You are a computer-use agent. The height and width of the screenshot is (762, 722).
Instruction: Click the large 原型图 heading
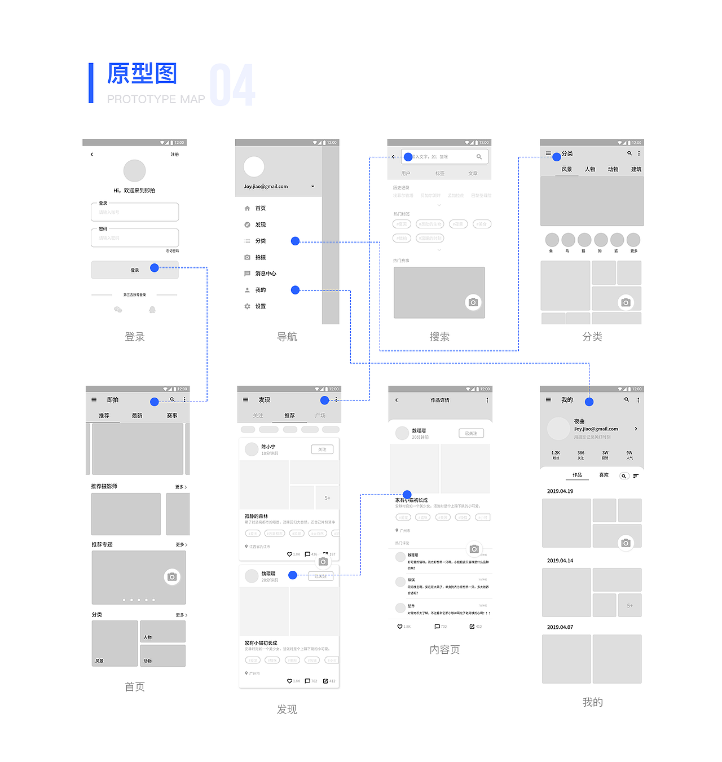(x=142, y=74)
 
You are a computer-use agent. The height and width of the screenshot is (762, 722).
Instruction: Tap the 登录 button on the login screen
(x=135, y=270)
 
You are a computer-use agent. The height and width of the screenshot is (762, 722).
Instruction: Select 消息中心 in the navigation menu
(x=265, y=274)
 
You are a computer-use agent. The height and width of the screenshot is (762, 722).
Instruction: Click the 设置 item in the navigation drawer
(x=260, y=306)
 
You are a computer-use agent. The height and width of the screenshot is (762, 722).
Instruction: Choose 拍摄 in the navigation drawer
(x=260, y=257)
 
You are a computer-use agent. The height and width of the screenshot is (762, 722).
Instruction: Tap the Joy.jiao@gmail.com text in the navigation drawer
(x=266, y=187)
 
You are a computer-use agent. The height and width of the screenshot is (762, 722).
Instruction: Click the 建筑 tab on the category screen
(x=636, y=169)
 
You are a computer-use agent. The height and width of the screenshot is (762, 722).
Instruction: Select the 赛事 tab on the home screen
(x=172, y=416)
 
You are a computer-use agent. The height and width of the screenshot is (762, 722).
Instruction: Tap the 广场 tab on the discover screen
(x=320, y=416)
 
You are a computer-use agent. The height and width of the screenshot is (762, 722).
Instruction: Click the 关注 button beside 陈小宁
(x=322, y=450)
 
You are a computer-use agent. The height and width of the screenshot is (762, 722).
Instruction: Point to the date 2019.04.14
(x=560, y=561)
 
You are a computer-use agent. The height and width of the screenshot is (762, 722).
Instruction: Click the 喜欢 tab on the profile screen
(x=604, y=475)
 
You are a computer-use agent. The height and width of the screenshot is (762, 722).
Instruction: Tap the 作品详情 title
(x=440, y=400)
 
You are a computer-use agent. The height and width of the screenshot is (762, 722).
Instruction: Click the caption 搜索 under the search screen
(x=439, y=337)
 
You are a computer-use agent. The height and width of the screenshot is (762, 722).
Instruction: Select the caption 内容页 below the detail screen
(x=444, y=650)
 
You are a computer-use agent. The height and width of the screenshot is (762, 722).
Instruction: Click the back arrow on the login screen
(x=92, y=155)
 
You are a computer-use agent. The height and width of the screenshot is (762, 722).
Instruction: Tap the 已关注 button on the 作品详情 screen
(x=471, y=433)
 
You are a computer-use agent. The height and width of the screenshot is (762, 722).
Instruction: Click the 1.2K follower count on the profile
(x=556, y=453)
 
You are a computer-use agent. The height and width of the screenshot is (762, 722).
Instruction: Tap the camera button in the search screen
(x=473, y=302)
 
